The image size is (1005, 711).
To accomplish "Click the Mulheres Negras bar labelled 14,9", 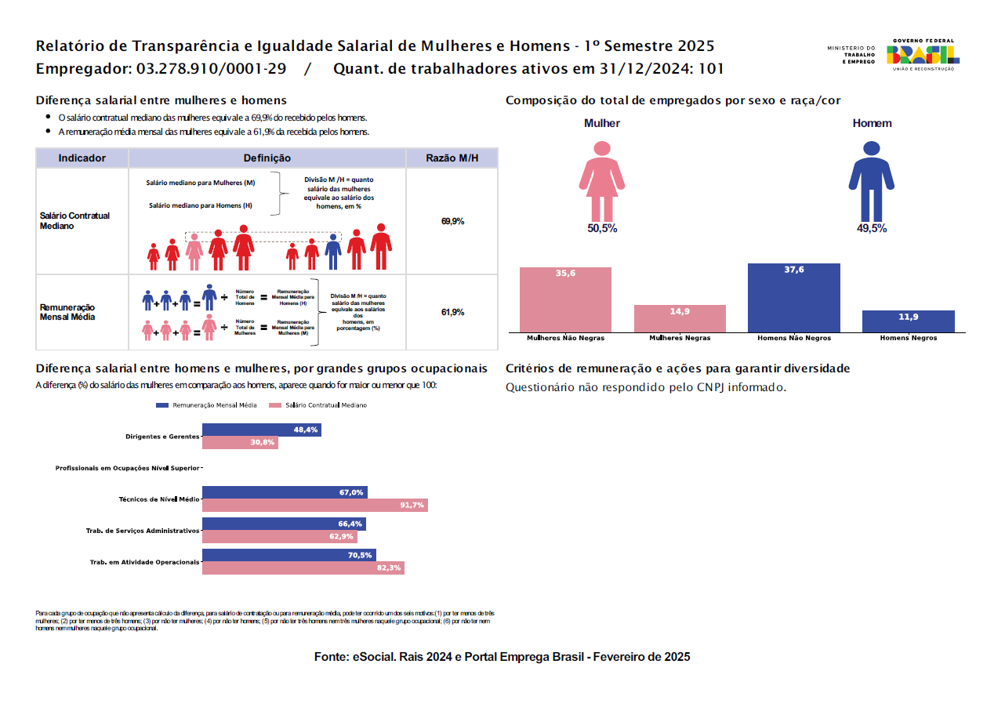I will pos(680,318).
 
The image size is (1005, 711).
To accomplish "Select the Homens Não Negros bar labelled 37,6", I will pos(793,298).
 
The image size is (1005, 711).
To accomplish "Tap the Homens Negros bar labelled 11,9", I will pos(908,321).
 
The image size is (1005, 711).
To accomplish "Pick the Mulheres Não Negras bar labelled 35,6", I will pos(565,299).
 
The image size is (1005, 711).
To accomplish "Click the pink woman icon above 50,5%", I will pos(602,181).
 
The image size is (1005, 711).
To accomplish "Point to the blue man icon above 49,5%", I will pos(871,181).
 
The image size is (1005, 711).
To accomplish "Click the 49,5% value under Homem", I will pos(872,228).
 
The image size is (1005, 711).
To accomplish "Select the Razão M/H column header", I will pos(452,158).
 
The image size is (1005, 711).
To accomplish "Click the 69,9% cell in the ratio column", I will pos(452,221).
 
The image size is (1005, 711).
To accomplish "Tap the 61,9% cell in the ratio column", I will pos(452,312).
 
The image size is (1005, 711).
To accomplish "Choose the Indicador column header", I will pos(82,158).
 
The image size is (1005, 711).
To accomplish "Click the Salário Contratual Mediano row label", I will pos(75,220).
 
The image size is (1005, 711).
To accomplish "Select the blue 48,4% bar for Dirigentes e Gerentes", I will pos(261,430).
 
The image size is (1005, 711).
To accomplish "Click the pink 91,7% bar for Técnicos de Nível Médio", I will pos(314,506).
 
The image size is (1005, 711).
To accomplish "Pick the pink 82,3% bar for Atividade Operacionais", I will pos(303,568).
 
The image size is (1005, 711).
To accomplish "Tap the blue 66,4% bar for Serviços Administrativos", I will pos(284,524).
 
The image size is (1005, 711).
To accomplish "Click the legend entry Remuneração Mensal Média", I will pos(207,405).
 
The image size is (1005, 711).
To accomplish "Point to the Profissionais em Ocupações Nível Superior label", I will pos(127,468).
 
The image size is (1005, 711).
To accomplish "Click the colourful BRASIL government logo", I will pos(923,54).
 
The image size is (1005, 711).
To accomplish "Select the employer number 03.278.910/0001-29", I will pos(211,69).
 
